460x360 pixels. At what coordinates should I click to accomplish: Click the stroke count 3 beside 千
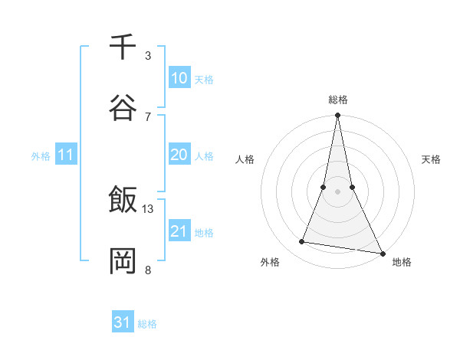click(x=148, y=55)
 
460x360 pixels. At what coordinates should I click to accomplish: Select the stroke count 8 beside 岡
click(x=148, y=270)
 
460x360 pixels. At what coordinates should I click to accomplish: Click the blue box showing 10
click(x=179, y=78)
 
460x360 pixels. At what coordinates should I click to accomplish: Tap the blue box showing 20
click(x=179, y=155)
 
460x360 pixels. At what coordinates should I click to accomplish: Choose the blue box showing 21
click(x=179, y=231)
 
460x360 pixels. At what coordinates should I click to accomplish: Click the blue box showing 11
click(x=66, y=155)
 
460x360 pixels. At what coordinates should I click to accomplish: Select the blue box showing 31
click(x=123, y=322)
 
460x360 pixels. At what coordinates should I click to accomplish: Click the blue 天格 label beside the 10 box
click(x=204, y=79)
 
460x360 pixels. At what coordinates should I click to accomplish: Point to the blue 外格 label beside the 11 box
click(x=41, y=155)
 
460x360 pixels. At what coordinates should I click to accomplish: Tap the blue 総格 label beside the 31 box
click(x=147, y=323)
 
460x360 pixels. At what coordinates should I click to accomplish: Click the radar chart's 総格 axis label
click(x=338, y=100)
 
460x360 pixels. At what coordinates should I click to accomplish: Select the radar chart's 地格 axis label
click(x=402, y=262)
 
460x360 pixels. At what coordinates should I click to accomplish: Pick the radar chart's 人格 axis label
click(x=245, y=159)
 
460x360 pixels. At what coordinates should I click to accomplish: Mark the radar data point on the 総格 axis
click(x=337, y=116)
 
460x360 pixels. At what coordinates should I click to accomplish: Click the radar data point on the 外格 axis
click(x=302, y=242)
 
